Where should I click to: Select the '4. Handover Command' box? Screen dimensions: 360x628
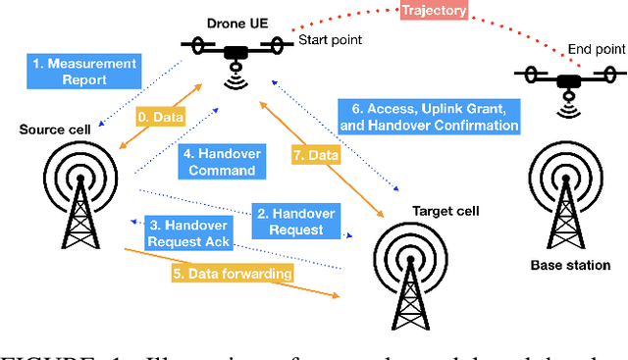click(x=218, y=161)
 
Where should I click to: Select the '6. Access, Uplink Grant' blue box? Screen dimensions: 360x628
click(x=427, y=115)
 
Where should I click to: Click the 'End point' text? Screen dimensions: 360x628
click(x=597, y=49)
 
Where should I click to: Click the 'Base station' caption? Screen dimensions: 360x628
click(x=570, y=265)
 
